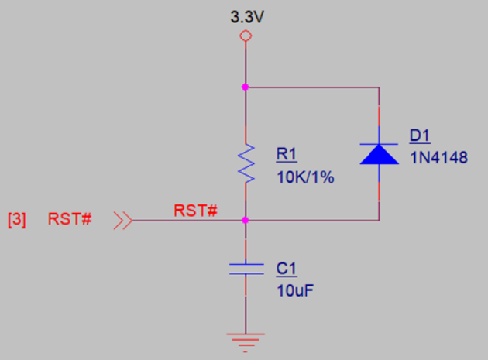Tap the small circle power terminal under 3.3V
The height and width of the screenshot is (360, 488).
pyautogui.click(x=246, y=36)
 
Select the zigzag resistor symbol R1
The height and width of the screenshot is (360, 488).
pyautogui.click(x=246, y=163)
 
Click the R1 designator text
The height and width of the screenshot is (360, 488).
pyautogui.click(x=286, y=154)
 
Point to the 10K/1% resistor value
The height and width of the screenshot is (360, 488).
pyautogui.click(x=304, y=177)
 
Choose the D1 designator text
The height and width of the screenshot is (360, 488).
pyautogui.click(x=420, y=136)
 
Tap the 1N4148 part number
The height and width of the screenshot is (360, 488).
pyautogui.click(x=438, y=158)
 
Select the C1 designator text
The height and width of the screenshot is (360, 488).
pyautogui.click(x=287, y=269)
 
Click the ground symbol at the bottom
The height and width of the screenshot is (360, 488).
pyautogui.click(x=246, y=339)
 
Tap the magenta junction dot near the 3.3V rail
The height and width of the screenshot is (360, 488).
pyautogui.click(x=246, y=87)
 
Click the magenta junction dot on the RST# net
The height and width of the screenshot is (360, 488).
pyautogui.click(x=246, y=221)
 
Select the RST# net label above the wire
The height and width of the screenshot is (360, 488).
pyautogui.click(x=194, y=210)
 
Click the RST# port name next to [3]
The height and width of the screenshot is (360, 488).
pyautogui.click(x=70, y=219)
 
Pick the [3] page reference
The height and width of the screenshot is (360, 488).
pyautogui.click(x=16, y=219)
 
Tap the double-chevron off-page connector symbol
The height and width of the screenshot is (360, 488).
pyautogui.click(x=122, y=221)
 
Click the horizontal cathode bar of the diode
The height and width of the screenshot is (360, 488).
pyautogui.click(x=379, y=144)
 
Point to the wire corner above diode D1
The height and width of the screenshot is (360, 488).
pyautogui.click(x=379, y=87)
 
